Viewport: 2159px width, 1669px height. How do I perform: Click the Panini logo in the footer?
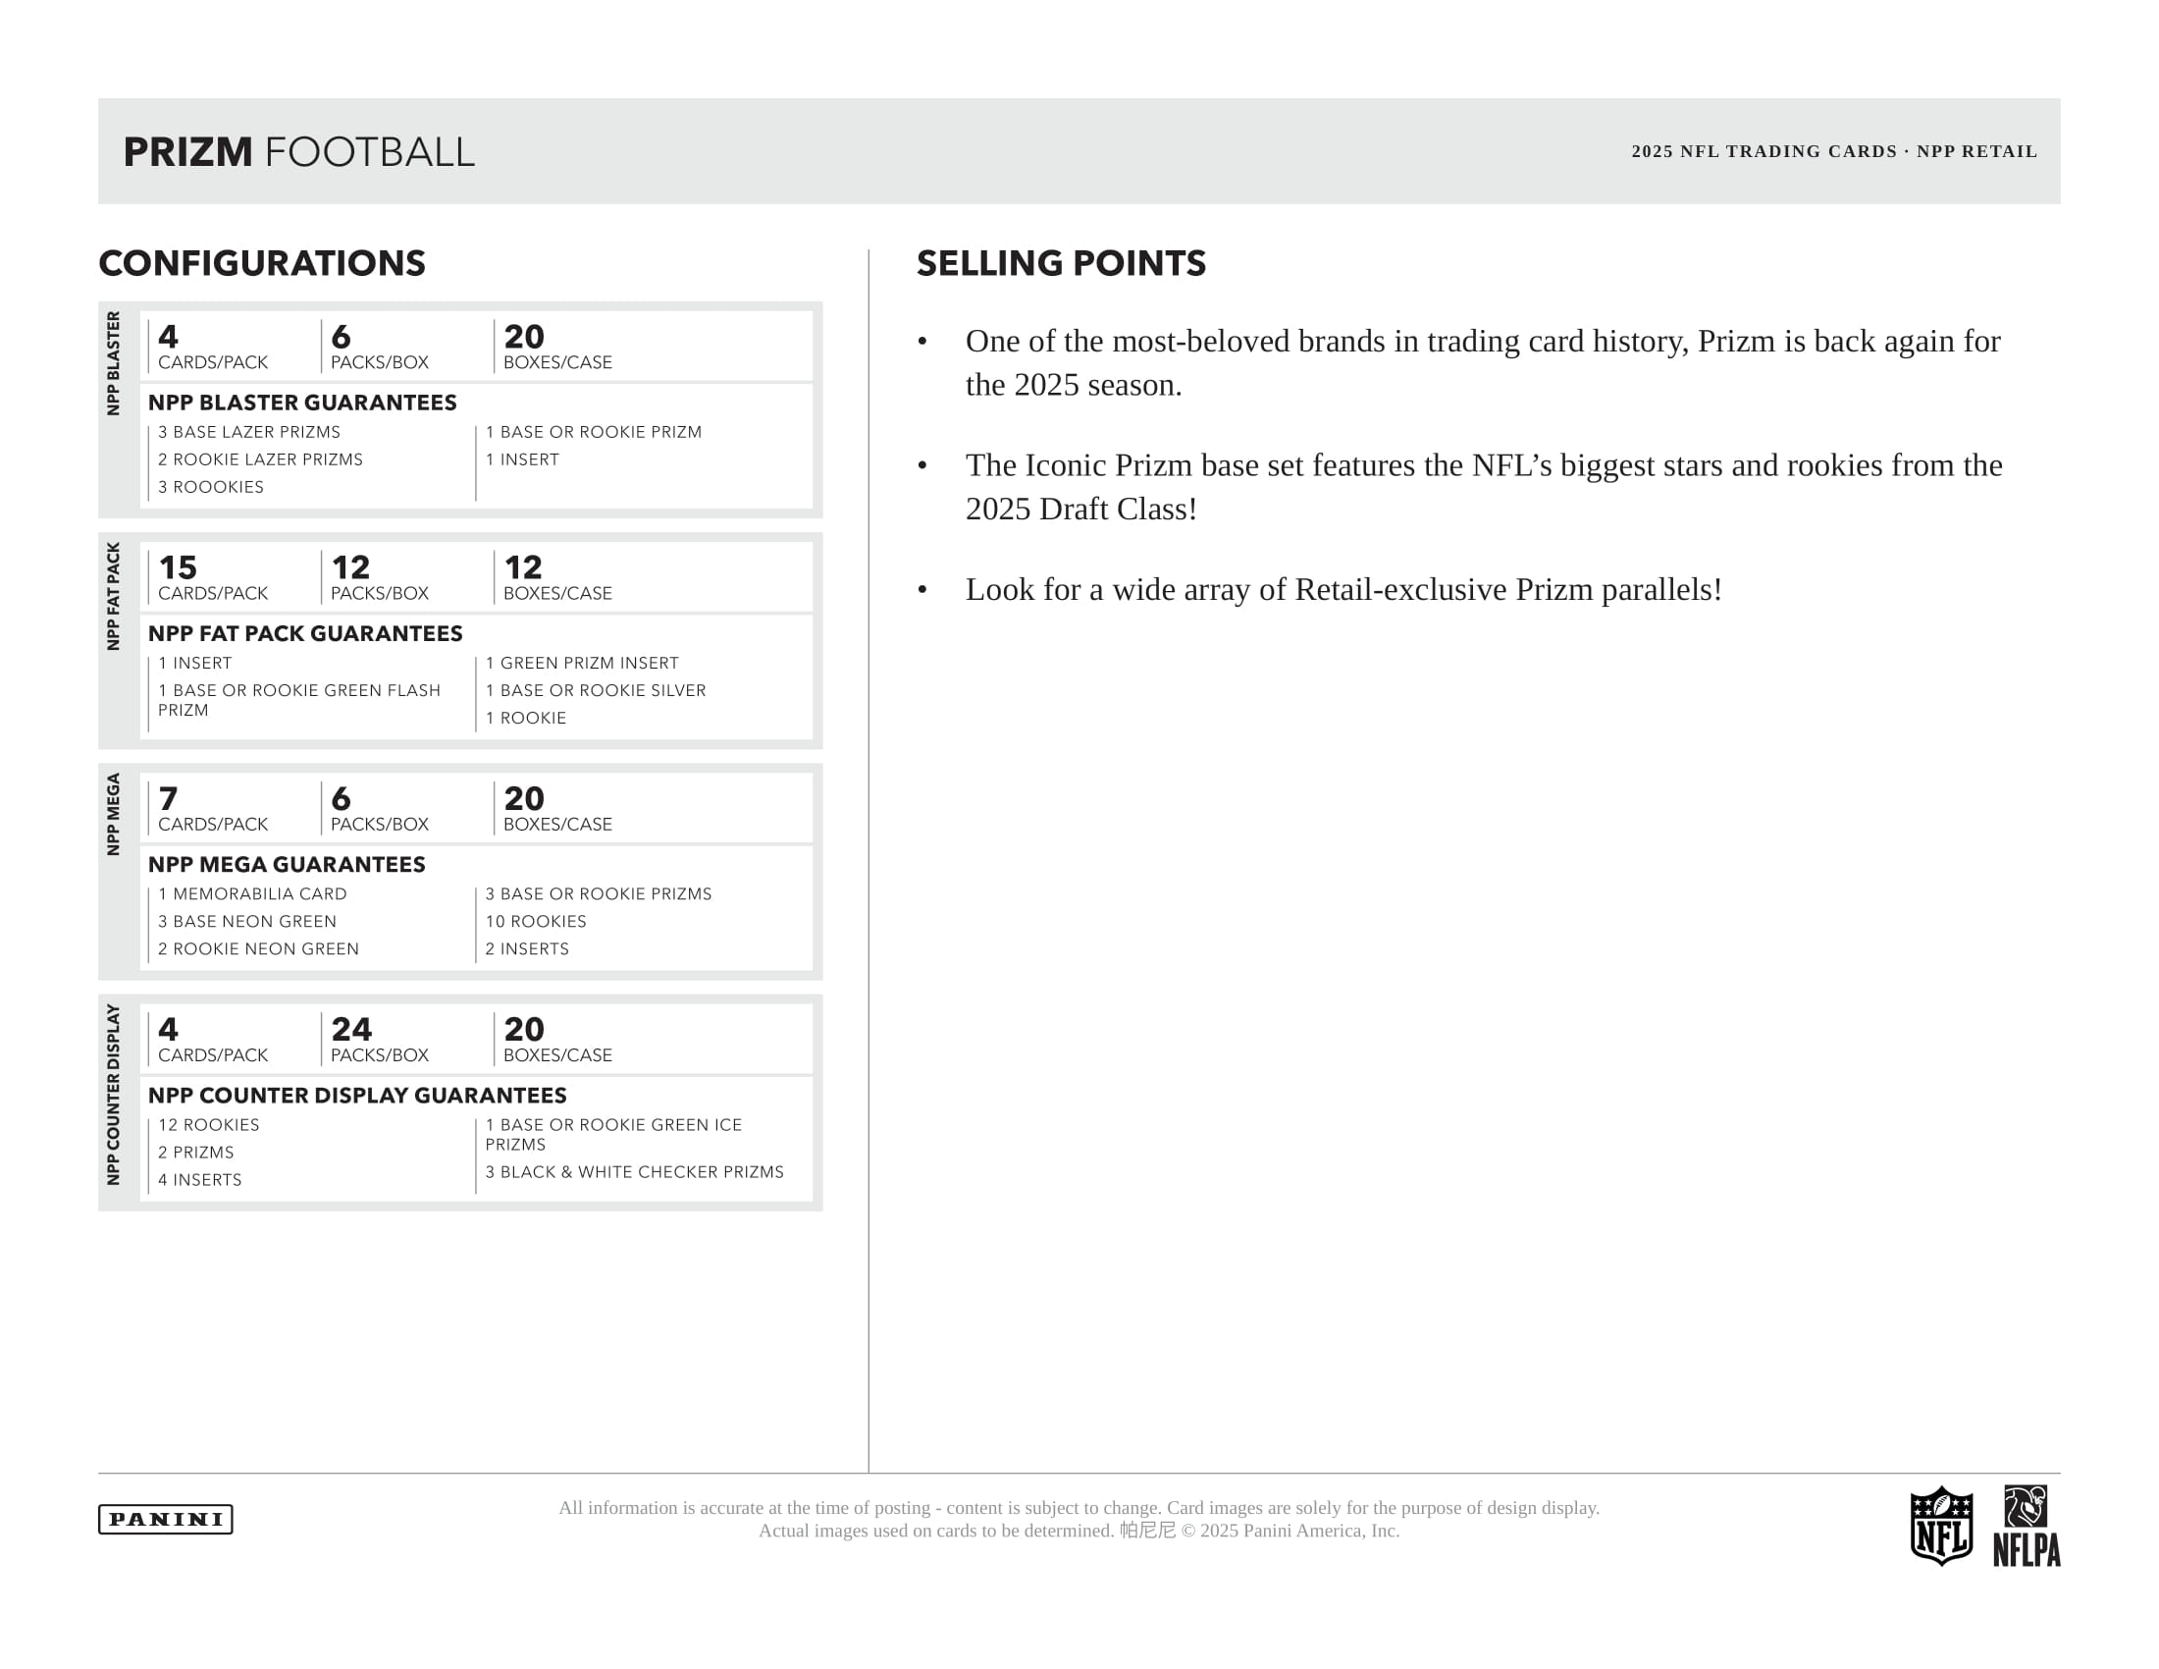pyautogui.click(x=165, y=1519)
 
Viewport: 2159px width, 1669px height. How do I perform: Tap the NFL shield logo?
pyautogui.click(x=1940, y=1526)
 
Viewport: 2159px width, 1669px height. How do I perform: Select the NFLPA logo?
pyautogui.click(x=2026, y=1526)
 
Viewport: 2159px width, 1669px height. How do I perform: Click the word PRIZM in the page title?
pyautogui.click(x=187, y=152)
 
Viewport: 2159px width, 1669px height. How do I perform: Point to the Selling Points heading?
pyautogui.click(x=1061, y=263)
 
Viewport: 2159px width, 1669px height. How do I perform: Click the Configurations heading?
pyautogui.click(x=262, y=263)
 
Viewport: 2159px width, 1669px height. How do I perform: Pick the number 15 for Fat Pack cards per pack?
pyautogui.click(x=178, y=567)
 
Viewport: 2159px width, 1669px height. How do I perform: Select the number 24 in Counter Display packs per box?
pyautogui.click(x=351, y=1029)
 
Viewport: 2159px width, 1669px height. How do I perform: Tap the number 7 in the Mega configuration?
pyautogui.click(x=168, y=798)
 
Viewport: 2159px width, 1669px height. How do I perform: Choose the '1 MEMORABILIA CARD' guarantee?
pyautogui.click(x=252, y=893)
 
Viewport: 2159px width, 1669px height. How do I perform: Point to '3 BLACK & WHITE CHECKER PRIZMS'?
pyautogui.click(x=634, y=1171)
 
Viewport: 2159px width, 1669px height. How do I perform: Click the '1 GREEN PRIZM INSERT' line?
pyautogui.click(x=581, y=663)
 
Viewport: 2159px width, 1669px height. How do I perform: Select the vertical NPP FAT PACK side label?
pyautogui.click(x=114, y=595)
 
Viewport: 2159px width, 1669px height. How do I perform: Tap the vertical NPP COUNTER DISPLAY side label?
pyautogui.click(x=114, y=1094)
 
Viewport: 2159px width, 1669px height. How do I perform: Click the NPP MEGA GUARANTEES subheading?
pyautogui.click(x=287, y=864)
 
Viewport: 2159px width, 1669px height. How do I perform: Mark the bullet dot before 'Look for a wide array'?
pyautogui.click(x=922, y=590)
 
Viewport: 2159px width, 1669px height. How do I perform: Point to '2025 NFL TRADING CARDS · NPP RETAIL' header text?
pyautogui.click(x=1834, y=151)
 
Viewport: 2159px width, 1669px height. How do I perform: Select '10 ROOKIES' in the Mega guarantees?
pyautogui.click(x=536, y=922)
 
